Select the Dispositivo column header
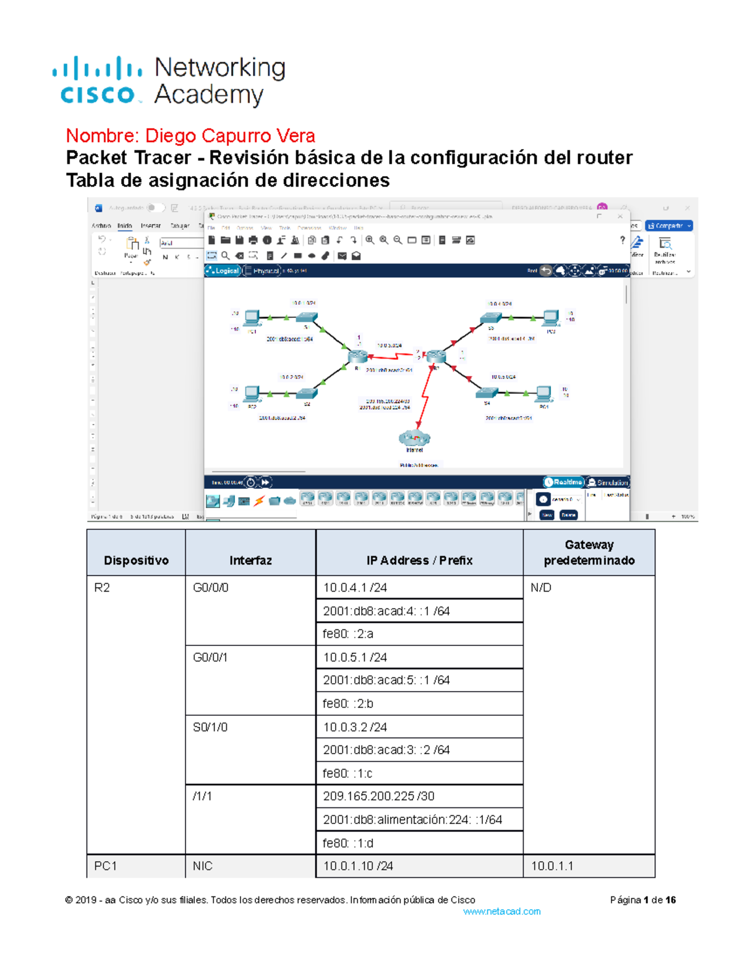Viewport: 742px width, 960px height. (136, 560)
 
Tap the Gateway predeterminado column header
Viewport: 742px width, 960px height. (589, 553)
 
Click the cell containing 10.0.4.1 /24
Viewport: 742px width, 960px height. (355, 587)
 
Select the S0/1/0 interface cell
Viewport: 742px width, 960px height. (210, 727)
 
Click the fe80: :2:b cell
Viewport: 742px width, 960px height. (348, 703)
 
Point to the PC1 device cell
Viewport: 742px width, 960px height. (106, 866)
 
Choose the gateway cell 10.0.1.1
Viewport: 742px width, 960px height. (552, 866)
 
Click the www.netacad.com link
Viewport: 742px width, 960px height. (501, 911)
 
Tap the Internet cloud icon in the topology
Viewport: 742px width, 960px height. (414, 438)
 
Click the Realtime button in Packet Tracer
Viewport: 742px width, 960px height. (563, 482)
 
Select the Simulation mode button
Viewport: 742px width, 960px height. (608, 482)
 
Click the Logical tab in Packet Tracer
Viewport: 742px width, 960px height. (223, 271)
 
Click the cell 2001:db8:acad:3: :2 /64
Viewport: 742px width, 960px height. (386, 750)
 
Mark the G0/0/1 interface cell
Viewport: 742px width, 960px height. (210, 657)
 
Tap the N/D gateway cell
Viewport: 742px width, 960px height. (541, 587)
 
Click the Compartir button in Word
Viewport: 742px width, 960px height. (668, 226)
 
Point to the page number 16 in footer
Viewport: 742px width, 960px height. (670, 900)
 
